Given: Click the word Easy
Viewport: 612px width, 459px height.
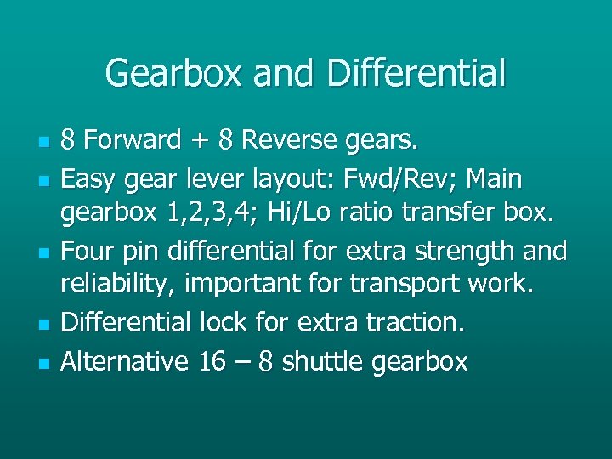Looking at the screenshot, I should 93,179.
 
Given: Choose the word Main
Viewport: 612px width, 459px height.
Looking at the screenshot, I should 492,179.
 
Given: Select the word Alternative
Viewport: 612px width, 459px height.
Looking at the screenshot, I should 125,362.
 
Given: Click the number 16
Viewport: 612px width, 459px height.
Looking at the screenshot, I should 212,362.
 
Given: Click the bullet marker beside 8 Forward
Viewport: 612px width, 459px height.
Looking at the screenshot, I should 42,140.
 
